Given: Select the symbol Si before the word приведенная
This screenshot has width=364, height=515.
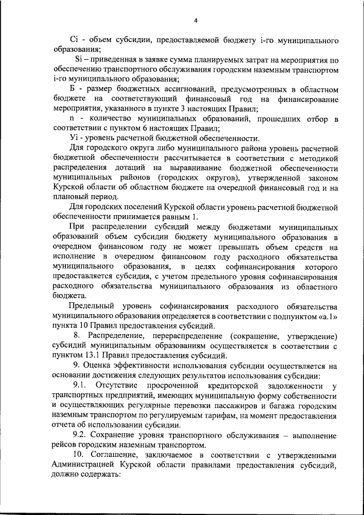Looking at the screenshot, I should click(x=79, y=60).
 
